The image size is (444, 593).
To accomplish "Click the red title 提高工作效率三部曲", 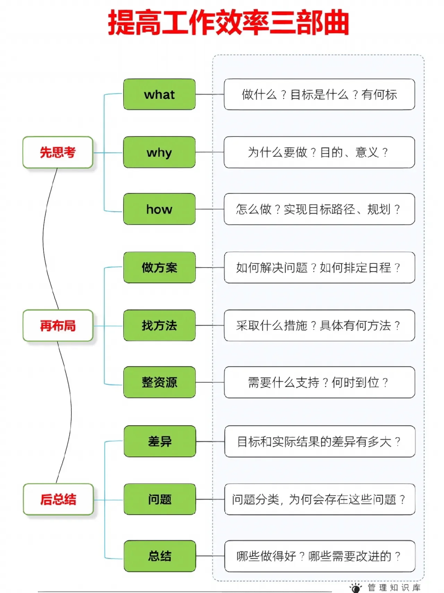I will (228, 23).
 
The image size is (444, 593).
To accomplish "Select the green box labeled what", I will (159, 94).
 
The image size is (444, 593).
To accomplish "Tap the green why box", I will (159, 153).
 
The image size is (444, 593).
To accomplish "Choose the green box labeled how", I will (159, 209).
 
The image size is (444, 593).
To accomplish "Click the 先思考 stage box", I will (58, 153).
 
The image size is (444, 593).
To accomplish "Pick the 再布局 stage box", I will (58, 326).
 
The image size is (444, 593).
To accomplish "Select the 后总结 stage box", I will (58, 499).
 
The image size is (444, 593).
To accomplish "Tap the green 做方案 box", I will (159, 267).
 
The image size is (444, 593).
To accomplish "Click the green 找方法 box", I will (159, 326).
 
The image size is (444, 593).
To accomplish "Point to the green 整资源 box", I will (159, 382).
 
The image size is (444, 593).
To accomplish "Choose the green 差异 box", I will (160, 441).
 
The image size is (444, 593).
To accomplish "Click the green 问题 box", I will (160, 499).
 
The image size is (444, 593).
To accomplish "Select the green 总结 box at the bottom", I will (160, 556).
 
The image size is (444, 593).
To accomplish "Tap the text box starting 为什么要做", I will (319, 153).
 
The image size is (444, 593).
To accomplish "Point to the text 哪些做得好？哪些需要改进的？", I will (319, 556).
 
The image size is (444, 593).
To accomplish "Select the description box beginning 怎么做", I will (319, 209).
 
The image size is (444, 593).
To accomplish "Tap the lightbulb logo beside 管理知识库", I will (356, 587).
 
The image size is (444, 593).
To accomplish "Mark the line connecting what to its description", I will (210, 94).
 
